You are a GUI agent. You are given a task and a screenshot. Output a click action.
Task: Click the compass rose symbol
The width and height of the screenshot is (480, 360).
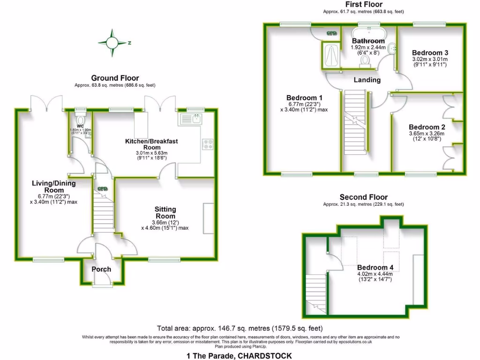[112, 43]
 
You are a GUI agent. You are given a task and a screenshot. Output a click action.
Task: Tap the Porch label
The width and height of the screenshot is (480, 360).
[101, 269]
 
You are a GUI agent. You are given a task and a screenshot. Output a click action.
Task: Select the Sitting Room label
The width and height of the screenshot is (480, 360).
[165, 212]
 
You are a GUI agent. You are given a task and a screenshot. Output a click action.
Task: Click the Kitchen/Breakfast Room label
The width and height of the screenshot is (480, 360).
[151, 144]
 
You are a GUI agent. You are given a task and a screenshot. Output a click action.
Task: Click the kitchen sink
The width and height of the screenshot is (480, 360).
[195, 119]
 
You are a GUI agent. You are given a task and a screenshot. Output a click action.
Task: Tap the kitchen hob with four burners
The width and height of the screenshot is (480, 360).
[207, 144]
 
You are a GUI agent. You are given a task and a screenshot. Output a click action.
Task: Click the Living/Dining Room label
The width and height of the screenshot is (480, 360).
[48, 186]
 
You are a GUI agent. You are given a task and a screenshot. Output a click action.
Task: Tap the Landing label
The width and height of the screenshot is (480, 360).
[367, 80]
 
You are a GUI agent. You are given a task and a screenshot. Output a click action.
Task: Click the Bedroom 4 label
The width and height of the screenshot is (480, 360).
[375, 268]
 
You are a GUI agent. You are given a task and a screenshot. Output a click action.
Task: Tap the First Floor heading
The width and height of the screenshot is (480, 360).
[363, 4]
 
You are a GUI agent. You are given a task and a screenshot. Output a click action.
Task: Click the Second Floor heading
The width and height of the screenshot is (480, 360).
[363, 197]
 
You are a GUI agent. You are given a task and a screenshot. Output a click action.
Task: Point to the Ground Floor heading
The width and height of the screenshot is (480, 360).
[115, 78]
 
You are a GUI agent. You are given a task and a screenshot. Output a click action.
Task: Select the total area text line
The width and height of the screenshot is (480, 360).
[240, 329]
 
